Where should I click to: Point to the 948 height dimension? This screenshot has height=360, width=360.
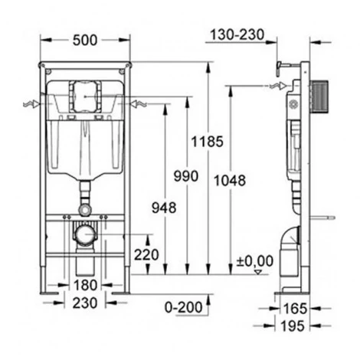pos(165,207)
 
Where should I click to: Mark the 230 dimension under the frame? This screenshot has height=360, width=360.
pos(84,303)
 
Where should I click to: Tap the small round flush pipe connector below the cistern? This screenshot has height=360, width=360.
pos(85,208)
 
